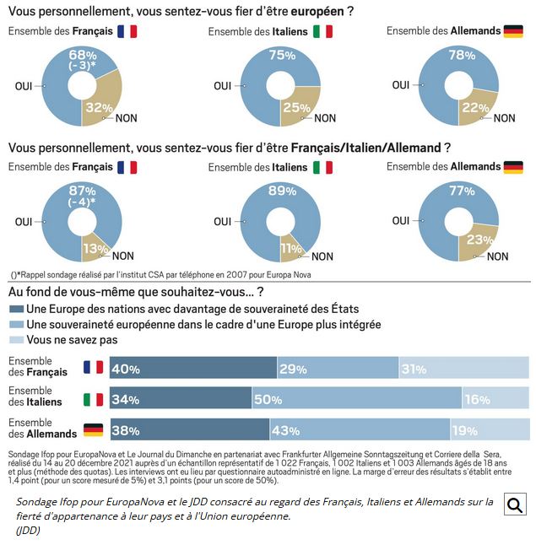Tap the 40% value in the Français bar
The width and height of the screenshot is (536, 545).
click(126, 369)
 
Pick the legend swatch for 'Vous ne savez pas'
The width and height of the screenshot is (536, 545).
click(16, 340)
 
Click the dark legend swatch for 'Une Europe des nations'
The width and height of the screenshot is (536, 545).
click(16, 309)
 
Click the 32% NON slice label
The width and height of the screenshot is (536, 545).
click(99, 107)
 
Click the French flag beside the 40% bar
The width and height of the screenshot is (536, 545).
click(93, 367)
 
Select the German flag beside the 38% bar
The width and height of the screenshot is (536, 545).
click(93, 430)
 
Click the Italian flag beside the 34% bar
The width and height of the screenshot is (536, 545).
click(93, 399)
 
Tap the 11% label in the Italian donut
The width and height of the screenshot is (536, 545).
click(291, 248)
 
